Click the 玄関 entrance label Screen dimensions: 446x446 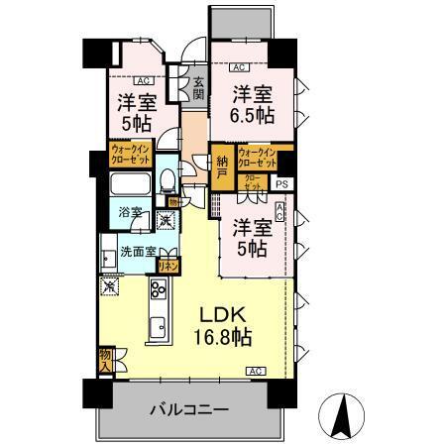click(198, 89)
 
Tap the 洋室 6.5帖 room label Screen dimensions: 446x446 click(253, 103)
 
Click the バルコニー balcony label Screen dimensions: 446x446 click(189, 409)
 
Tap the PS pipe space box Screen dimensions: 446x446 click(283, 183)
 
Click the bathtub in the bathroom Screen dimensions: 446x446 click(131, 185)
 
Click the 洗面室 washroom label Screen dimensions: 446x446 click(137, 252)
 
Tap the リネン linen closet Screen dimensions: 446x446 click(169, 266)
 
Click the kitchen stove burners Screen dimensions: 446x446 click(158, 289)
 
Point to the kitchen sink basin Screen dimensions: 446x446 click(157, 327)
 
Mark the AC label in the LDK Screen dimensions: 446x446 click(255, 371)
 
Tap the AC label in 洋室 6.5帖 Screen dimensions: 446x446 click(239, 68)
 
